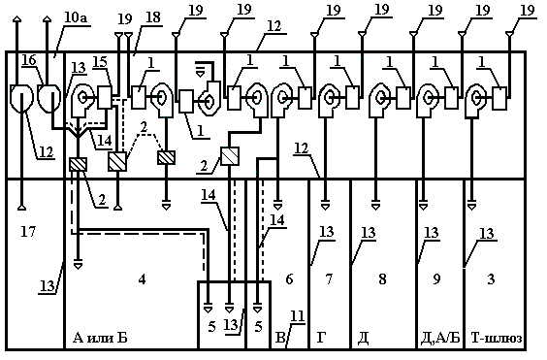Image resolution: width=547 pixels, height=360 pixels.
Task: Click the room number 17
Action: [28, 231]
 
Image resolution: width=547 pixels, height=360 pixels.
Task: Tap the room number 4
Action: [142, 279]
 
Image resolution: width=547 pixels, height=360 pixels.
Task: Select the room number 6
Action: [289, 279]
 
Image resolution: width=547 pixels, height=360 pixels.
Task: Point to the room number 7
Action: [329, 279]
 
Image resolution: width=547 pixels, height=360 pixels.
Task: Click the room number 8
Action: [382, 279]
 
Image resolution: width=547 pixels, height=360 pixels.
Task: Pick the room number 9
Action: [436, 279]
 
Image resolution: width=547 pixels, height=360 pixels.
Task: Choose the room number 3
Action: [491, 279]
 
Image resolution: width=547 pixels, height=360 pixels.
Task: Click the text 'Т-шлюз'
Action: [497, 338]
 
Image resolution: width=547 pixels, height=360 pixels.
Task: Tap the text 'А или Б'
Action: [100, 338]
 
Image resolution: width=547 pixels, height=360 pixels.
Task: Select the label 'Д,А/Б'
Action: [441, 338]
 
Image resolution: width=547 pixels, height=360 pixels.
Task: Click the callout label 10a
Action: [76, 18]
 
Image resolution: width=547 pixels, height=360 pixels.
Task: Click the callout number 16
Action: [29, 60]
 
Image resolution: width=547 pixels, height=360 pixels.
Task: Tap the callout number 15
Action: [100, 62]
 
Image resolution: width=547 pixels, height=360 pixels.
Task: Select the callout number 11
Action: [297, 317]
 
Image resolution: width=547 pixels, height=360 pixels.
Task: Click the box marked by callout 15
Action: [105, 97]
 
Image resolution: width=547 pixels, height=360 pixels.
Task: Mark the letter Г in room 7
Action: [321, 338]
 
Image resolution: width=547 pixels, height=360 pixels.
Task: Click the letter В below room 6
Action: [280, 338]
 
